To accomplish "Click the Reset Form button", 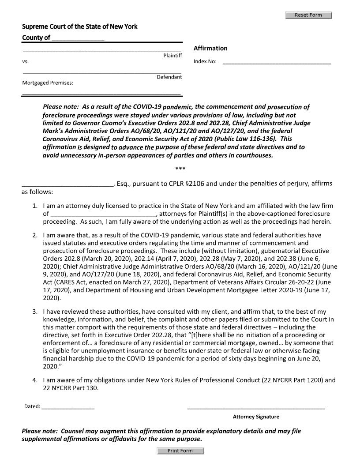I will pos(308,15).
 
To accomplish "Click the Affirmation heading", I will pos(210,48).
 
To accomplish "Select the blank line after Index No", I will pos(277,62).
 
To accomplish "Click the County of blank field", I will pos(78,38).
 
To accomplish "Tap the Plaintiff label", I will pos(172,55).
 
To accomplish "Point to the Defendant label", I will pos(169,77).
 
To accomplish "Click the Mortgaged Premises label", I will pos(48,83).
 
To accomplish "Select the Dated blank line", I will pos(68,406).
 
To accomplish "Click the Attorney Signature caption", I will pos(256,417).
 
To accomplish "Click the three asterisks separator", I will pos(180,169).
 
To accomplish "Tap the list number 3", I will pos(35,312).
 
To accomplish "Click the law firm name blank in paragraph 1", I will pos(103,214).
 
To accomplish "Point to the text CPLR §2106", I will pos(185,184).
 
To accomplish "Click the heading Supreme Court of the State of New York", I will pos(80,26).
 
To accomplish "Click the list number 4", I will pos(35,380).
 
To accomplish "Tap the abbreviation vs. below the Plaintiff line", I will pos(25,62).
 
